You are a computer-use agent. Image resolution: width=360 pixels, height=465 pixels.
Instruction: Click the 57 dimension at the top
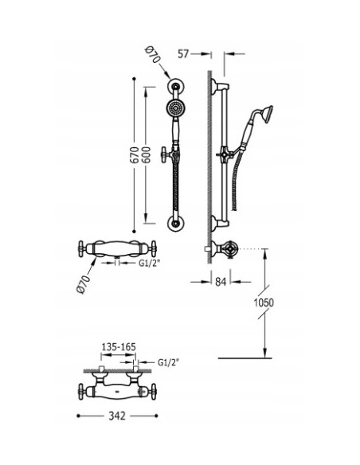(x=184, y=53)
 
